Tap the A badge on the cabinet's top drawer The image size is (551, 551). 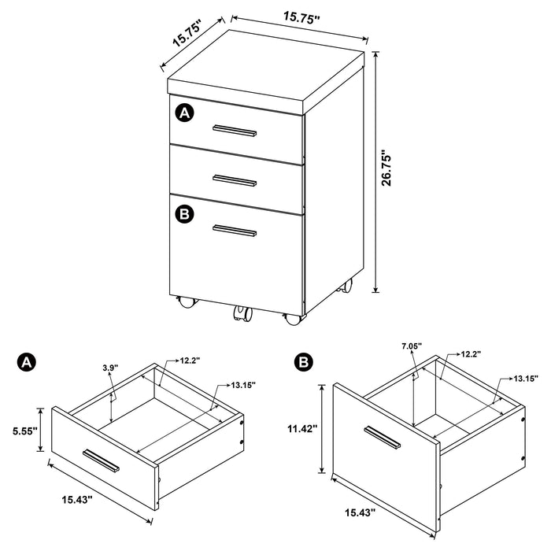(184, 114)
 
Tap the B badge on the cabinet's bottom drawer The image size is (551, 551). (184, 213)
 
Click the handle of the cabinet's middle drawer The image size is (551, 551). (235, 180)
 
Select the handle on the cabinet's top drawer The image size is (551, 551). (235, 130)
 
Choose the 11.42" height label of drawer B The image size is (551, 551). (301, 429)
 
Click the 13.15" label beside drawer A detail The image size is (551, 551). (245, 385)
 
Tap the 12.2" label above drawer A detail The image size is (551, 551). (190, 361)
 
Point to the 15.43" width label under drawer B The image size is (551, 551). (356, 513)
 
